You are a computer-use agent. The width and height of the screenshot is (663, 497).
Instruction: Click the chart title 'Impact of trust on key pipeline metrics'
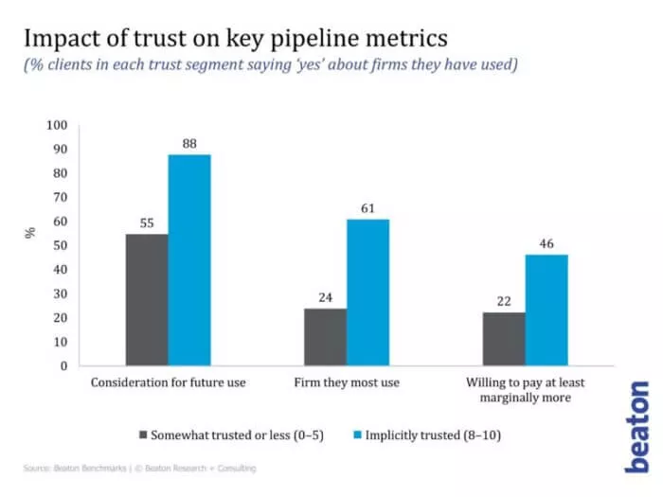point(236,39)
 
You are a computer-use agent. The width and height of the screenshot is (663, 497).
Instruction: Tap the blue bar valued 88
point(189,259)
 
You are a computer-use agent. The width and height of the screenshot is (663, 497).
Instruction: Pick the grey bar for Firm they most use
point(325,336)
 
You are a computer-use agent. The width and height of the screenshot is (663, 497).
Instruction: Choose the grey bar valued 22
point(503,339)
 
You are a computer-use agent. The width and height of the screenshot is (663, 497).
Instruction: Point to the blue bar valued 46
point(547,310)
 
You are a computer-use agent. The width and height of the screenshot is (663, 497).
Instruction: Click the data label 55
point(147,222)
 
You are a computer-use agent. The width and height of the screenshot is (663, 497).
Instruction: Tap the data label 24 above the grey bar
point(325,297)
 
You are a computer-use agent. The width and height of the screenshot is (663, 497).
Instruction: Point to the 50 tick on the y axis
point(59,245)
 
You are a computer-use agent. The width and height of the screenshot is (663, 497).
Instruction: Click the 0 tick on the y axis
point(63,365)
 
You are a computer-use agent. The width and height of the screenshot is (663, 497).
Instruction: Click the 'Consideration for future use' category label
point(168,382)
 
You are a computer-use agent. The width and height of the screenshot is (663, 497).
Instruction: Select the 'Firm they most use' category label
point(347,382)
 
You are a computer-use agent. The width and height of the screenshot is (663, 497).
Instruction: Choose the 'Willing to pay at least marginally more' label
point(525,389)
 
